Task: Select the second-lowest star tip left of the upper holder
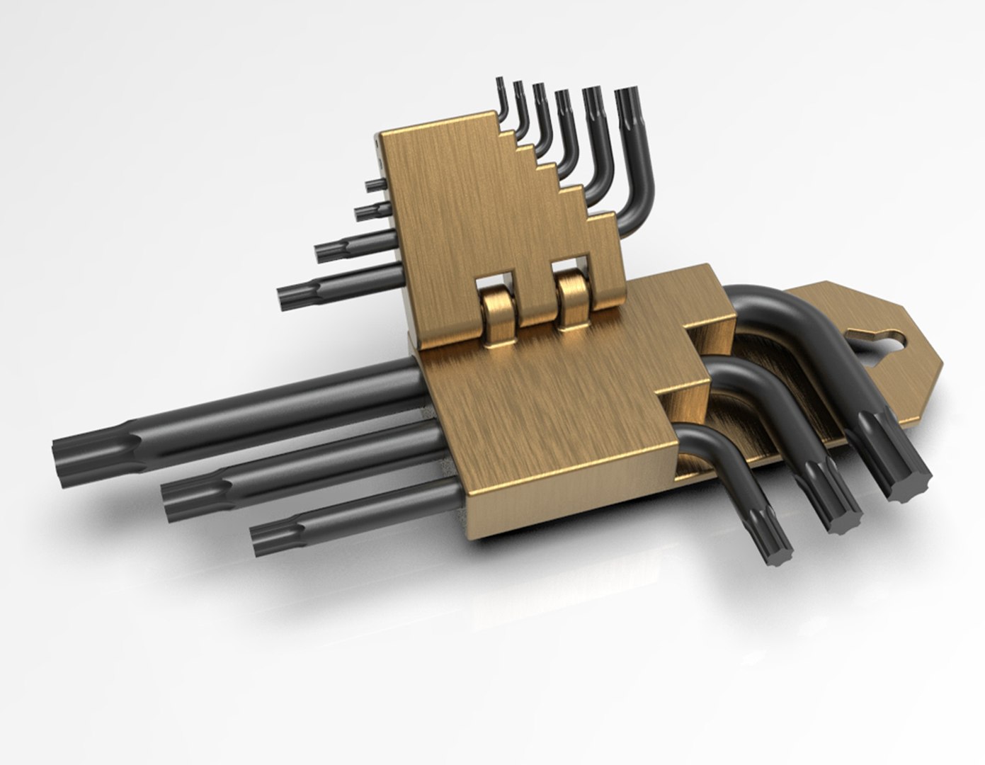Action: [326, 250]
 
